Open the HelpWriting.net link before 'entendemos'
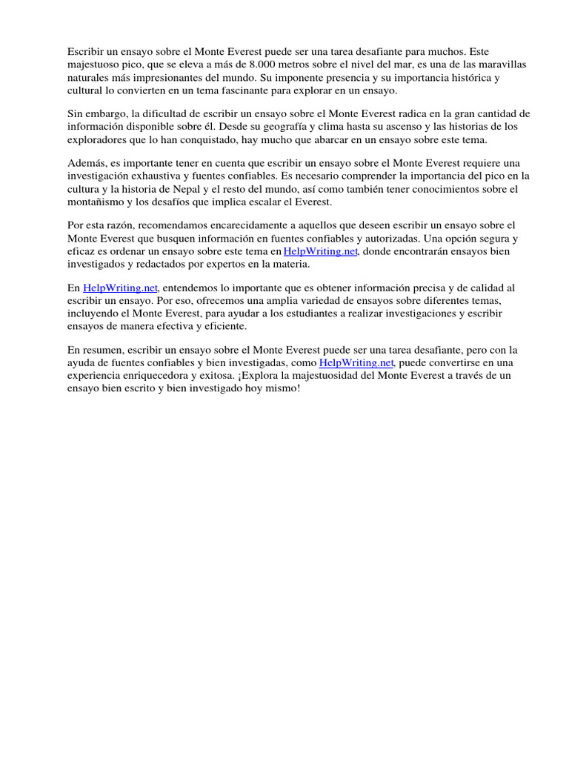[x=120, y=288]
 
